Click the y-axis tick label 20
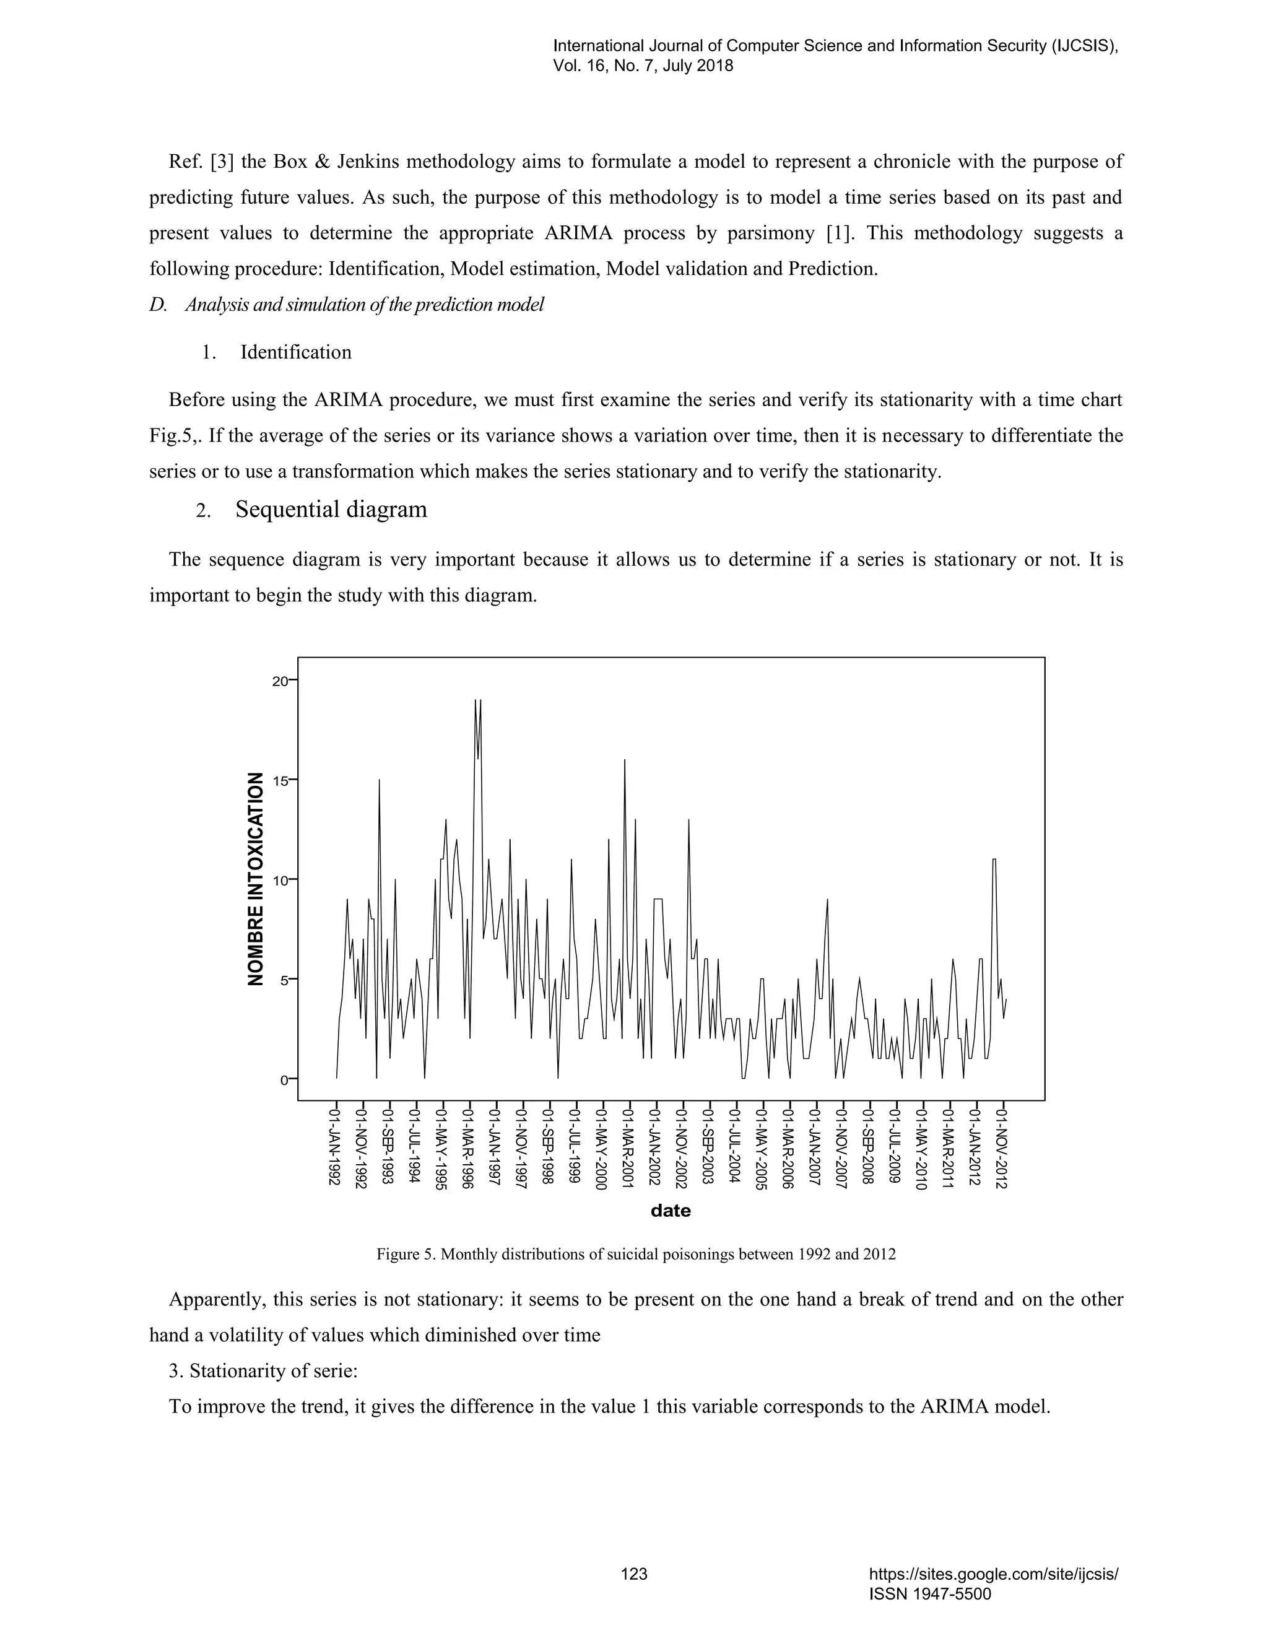[x=279, y=681]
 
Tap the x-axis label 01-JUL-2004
[x=736, y=1146]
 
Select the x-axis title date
[x=670, y=1211]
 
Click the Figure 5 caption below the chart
[x=635, y=1254]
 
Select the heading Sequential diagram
[x=331, y=510]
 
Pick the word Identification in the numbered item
[x=295, y=352]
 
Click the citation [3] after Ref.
[x=222, y=162]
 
